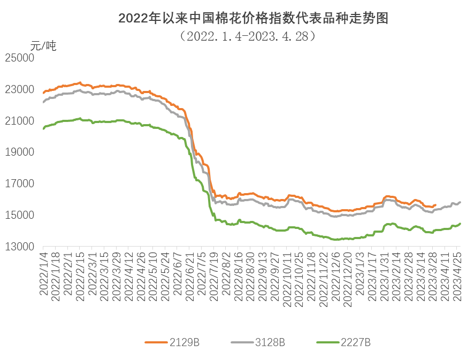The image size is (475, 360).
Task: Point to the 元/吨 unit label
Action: pyautogui.click(x=43, y=45)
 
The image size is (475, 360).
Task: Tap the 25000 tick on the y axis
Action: pyautogui.click(x=19, y=57)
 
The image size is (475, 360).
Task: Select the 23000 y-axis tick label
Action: pyautogui.click(x=19, y=89)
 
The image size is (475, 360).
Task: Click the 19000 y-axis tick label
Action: pyautogui.click(x=19, y=152)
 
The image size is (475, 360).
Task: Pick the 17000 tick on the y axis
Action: pyautogui.click(x=19, y=183)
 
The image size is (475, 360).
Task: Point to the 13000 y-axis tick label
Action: pyautogui.click(x=19, y=247)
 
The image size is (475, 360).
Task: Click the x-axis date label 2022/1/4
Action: pyautogui.click(x=43, y=273)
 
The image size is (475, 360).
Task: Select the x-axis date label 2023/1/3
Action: pyautogui.click(x=360, y=273)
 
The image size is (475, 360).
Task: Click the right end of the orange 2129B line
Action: pyautogui.click(x=435, y=205)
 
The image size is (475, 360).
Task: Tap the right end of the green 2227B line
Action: pyautogui.click(x=460, y=224)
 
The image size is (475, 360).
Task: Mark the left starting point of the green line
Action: pyautogui.click(x=43, y=128)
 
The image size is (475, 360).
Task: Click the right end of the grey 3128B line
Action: pyautogui.click(x=460, y=202)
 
